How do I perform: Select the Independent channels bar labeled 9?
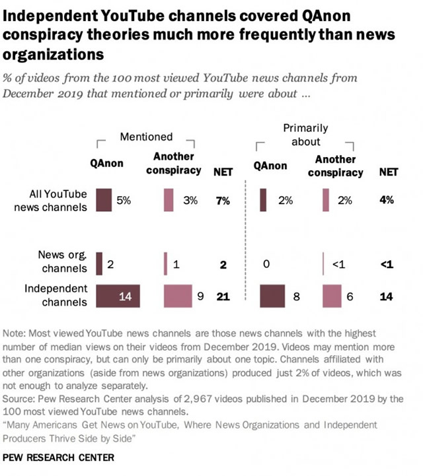click(178, 296)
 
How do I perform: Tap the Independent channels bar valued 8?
click(272, 296)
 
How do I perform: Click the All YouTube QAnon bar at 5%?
click(103, 200)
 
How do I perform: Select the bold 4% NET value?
click(387, 200)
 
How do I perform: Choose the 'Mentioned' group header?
click(146, 137)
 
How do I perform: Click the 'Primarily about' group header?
click(305, 135)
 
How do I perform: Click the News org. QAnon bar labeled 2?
click(99, 263)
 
